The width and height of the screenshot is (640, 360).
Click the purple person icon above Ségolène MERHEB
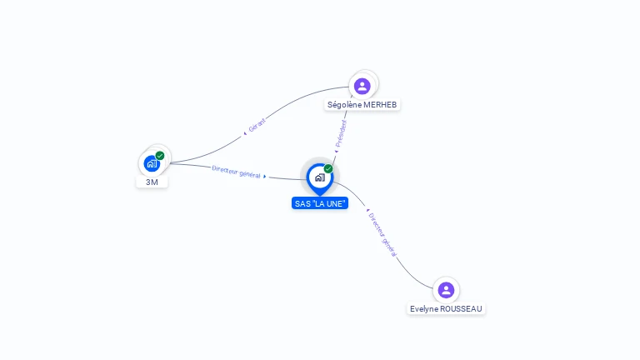point(362,85)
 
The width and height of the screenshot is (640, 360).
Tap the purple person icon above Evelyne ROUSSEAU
point(446,289)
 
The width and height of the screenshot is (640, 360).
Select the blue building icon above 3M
point(152,163)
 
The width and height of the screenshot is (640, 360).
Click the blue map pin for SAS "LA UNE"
point(319,177)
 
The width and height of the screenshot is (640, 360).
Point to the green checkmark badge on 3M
point(160,156)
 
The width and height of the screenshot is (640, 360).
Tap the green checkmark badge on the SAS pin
point(328,169)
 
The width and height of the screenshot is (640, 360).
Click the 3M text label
point(152,182)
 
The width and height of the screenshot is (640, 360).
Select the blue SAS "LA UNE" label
point(320,203)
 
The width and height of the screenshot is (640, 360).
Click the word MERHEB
point(381,105)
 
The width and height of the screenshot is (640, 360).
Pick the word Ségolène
point(345,105)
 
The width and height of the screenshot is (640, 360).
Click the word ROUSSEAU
point(461,309)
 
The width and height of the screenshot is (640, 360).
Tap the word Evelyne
point(424,309)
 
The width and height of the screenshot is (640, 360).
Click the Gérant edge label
point(257,124)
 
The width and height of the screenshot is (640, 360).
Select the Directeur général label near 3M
point(236,172)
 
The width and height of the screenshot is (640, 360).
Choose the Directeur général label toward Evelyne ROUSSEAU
point(382,233)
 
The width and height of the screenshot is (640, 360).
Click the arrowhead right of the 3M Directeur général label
point(265,177)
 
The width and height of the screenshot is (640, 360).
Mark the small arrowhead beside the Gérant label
point(246,132)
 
